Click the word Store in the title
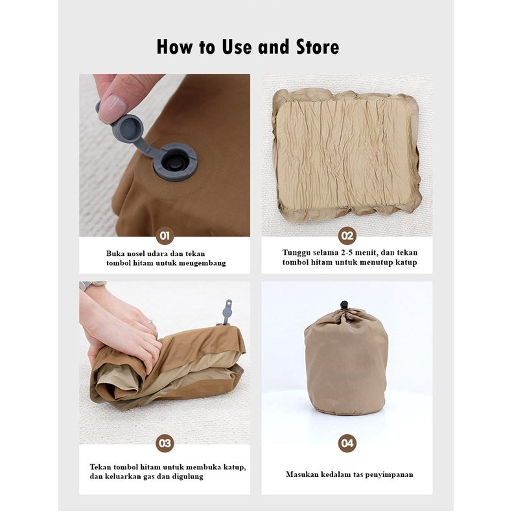(x=318, y=47)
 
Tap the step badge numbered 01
(x=165, y=236)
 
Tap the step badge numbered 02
(x=347, y=236)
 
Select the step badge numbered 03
(x=165, y=443)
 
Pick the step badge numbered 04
(x=347, y=443)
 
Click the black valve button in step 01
(x=176, y=160)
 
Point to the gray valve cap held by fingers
(x=128, y=128)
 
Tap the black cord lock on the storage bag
(x=344, y=305)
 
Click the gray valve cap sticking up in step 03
(x=227, y=312)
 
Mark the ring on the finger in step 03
(x=150, y=323)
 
